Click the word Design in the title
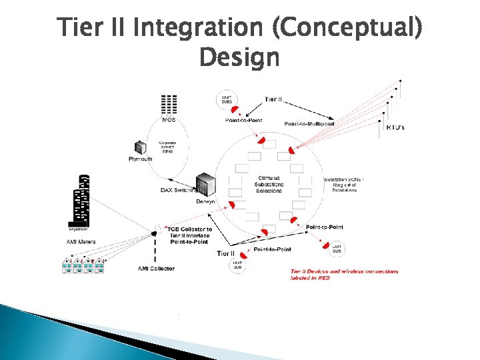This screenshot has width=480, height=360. [239, 59]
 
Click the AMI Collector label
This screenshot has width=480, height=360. [157, 268]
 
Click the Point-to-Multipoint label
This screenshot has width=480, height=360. [309, 123]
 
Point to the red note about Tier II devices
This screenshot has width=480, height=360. [344, 275]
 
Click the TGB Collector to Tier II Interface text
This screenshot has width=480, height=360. [189, 234]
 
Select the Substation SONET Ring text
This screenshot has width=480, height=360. [344, 185]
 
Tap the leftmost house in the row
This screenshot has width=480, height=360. [67, 266]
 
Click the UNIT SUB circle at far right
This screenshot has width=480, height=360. [337, 247]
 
